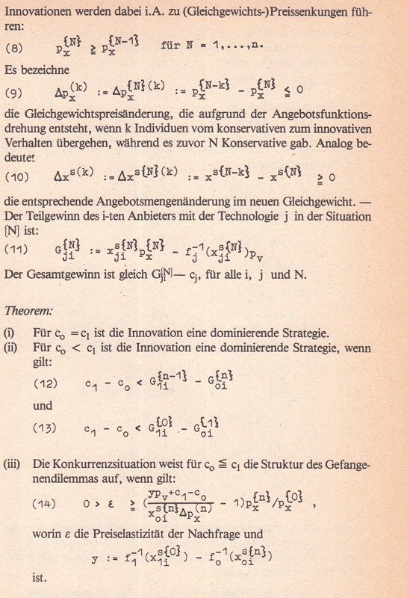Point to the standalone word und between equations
(x=43, y=407)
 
